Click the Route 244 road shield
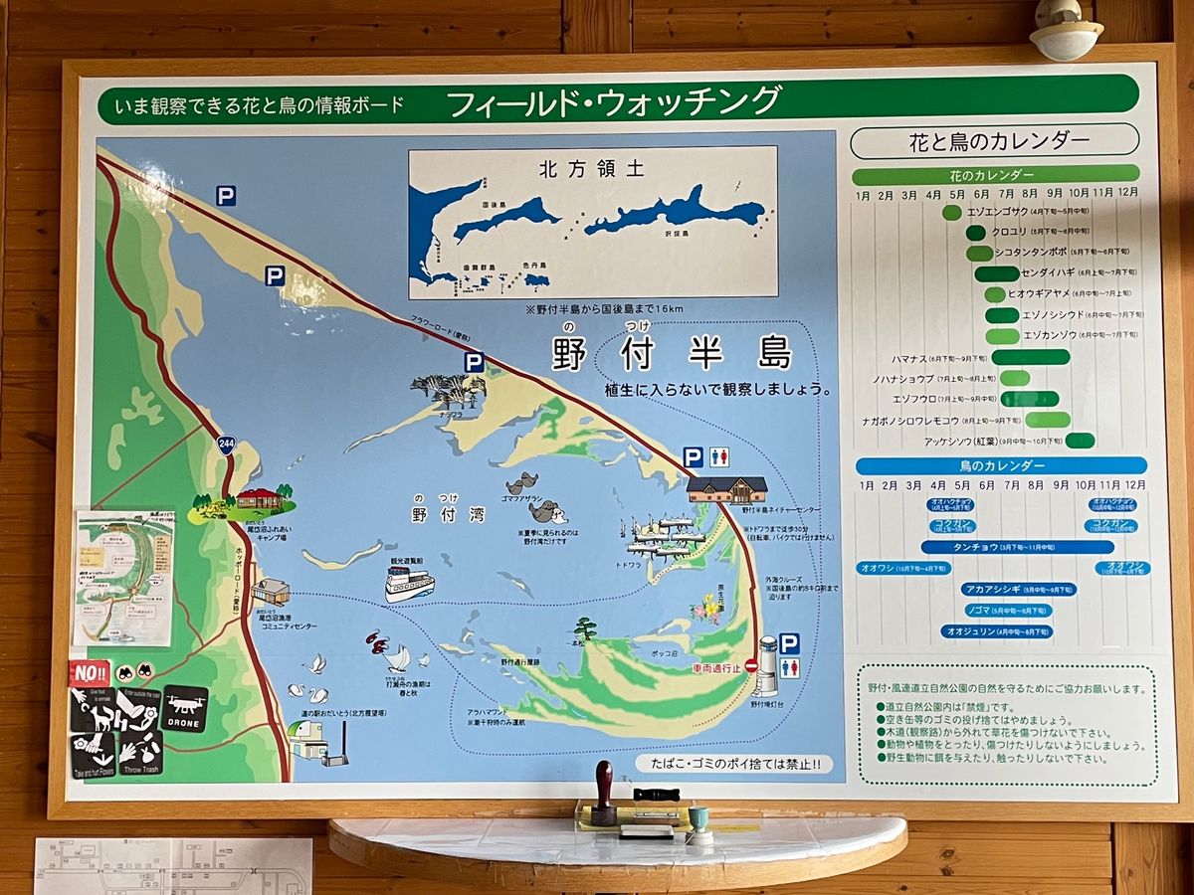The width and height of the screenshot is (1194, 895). pos(226,445)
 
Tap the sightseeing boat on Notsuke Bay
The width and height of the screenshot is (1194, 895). pos(409,582)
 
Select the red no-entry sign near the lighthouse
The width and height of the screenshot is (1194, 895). pos(751,665)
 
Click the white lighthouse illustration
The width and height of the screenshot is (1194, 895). pos(767,667)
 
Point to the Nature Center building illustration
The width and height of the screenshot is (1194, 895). pos(727,489)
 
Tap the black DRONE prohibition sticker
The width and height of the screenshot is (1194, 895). pos(185,707)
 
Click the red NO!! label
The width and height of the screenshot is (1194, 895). pos(89,673)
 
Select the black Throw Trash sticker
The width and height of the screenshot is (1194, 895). pos(140,753)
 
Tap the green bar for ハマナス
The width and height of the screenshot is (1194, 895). pos(1030,357)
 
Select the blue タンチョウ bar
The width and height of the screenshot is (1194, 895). pos(1017,547)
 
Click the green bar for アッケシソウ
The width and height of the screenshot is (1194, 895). pos(1079,441)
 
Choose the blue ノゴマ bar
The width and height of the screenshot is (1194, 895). pos(1005,610)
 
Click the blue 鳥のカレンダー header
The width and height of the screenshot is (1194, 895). pos(1001,465)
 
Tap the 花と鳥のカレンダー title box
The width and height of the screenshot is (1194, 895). pos(993,140)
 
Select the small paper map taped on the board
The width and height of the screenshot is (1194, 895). pos(124,578)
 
